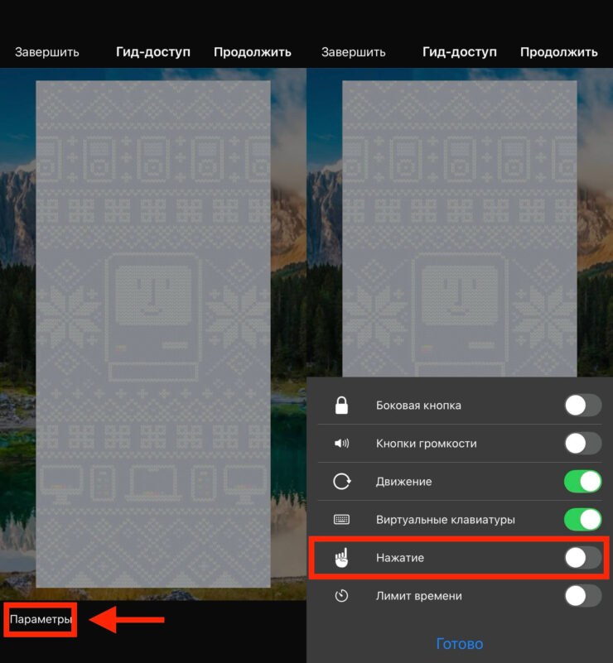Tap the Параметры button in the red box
[41, 619]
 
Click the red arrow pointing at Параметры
[127, 620]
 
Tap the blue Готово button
[460, 644]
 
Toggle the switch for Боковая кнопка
[583, 406]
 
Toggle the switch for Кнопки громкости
[583, 444]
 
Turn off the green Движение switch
[583, 481]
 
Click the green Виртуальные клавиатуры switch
[583, 519]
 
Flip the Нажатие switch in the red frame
[583, 558]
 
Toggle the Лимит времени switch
[583, 596]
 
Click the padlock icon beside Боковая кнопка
[341, 405]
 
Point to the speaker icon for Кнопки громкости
[341, 443]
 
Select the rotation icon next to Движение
[342, 481]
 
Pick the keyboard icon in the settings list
[341, 519]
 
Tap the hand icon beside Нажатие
[341, 558]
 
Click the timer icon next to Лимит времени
[341, 596]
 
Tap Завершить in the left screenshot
[47, 52]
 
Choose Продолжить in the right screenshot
[559, 52]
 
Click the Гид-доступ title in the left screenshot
[153, 52]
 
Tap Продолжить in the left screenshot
[253, 52]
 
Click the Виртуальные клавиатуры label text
[446, 520]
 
